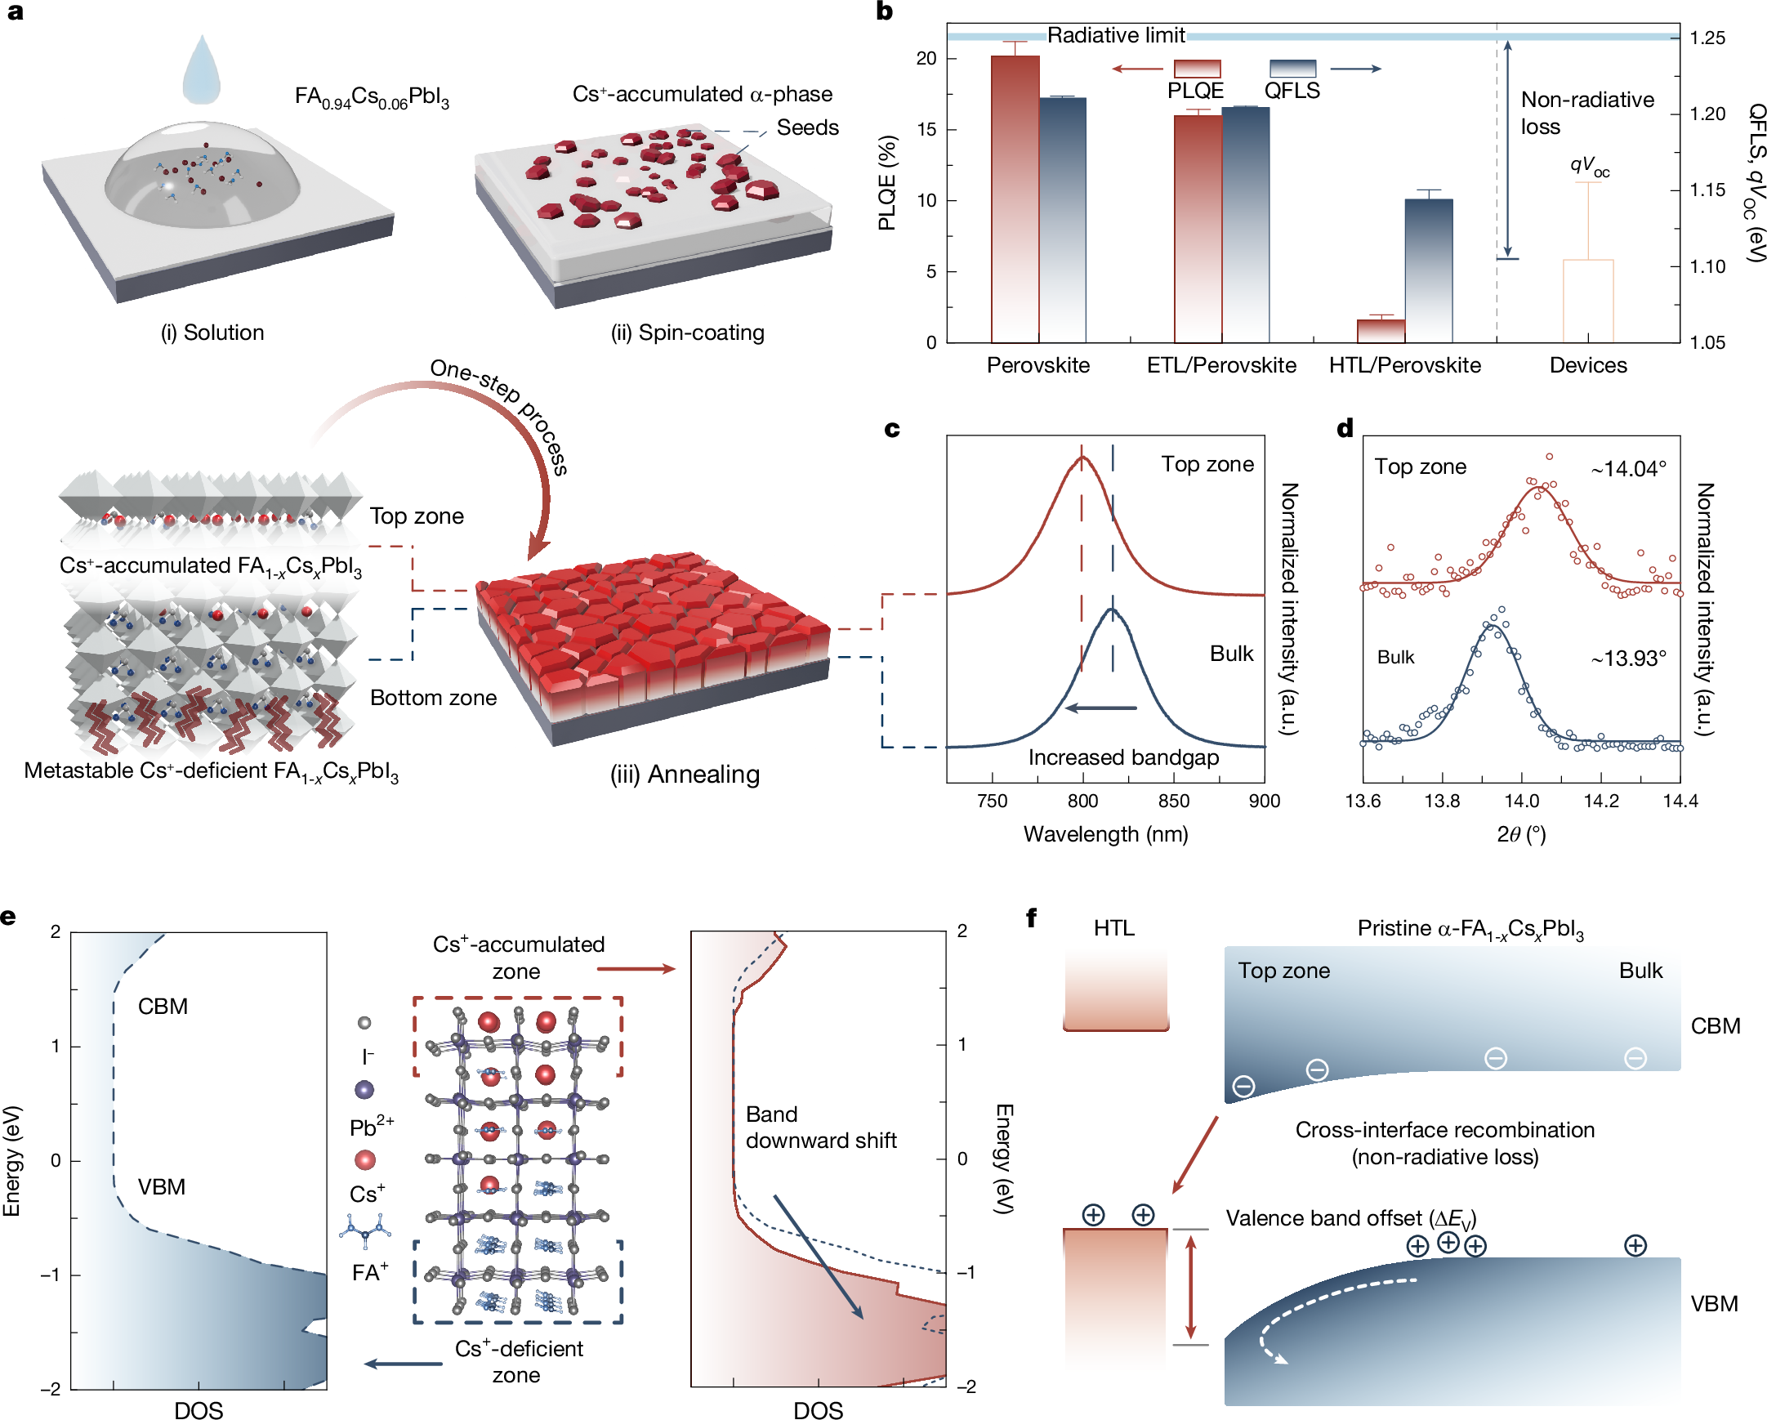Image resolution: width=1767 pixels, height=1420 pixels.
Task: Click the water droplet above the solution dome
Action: [201, 71]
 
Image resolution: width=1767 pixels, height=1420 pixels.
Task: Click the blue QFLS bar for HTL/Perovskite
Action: [1429, 270]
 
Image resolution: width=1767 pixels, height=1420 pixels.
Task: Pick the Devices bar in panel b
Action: [1587, 300]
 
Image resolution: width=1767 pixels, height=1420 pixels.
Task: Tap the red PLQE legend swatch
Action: [1197, 69]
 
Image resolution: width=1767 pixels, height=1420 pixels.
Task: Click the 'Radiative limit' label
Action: [1115, 35]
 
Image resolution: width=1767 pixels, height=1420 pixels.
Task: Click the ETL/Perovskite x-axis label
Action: [1221, 366]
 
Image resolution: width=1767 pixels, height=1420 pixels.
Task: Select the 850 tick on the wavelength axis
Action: [1174, 801]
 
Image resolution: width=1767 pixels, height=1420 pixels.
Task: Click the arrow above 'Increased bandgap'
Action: [1100, 708]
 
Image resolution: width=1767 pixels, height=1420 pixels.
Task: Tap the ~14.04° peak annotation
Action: [1628, 469]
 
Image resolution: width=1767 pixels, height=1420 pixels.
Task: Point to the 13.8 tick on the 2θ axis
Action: [1442, 801]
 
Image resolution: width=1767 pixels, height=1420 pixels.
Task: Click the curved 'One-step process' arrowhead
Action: [538, 546]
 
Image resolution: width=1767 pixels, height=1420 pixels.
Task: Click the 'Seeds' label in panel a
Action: [807, 128]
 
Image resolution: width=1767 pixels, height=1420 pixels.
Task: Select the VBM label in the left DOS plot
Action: [162, 1186]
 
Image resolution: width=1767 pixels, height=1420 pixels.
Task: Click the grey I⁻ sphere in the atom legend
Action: [364, 1022]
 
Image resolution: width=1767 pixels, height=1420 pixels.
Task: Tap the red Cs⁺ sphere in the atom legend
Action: [364, 1160]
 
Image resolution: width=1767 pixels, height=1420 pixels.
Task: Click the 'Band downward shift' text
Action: [820, 1128]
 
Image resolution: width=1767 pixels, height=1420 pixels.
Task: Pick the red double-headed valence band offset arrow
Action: [1191, 1286]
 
